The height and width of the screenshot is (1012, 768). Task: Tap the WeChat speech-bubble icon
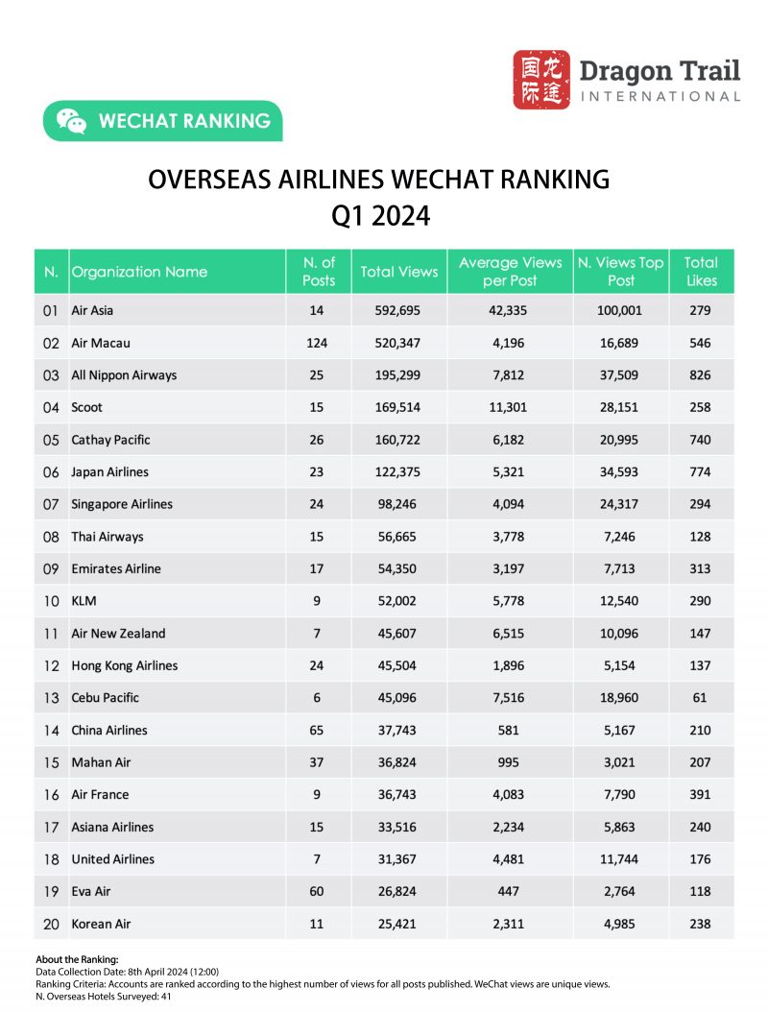pos(71,121)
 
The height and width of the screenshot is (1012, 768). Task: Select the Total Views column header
pos(398,272)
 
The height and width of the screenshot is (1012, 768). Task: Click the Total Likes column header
pos(701,272)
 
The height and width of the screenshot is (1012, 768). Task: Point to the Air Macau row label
pos(100,343)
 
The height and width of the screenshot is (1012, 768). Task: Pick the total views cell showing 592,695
pos(398,310)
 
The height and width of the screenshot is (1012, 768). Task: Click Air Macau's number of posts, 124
pos(317,343)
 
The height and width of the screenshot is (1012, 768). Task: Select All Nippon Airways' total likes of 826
pos(701,375)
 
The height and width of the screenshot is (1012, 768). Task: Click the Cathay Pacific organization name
pos(110,440)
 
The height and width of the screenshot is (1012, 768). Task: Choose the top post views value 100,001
pos(620,310)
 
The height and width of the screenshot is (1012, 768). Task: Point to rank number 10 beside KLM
pos(51,601)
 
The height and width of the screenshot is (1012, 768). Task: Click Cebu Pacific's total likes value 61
pos(701,698)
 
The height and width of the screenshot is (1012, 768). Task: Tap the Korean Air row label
pos(101,924)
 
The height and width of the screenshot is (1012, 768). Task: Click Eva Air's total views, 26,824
pos(398,891)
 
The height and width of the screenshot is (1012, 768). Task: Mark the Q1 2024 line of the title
pos(380,216)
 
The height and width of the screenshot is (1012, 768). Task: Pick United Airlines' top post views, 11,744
pos(620,859)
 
